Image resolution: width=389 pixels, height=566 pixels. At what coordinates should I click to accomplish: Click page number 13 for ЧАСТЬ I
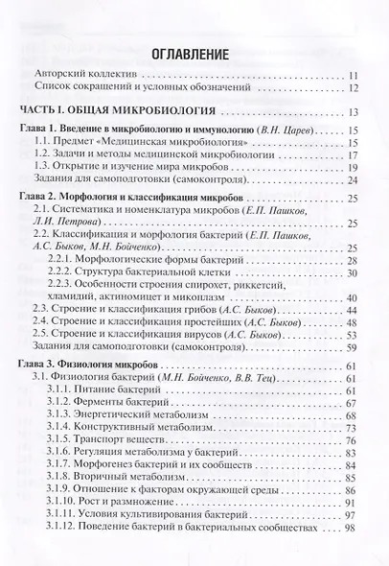(353, 111)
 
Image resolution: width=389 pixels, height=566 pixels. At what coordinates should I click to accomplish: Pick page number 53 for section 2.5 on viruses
(353, 337)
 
